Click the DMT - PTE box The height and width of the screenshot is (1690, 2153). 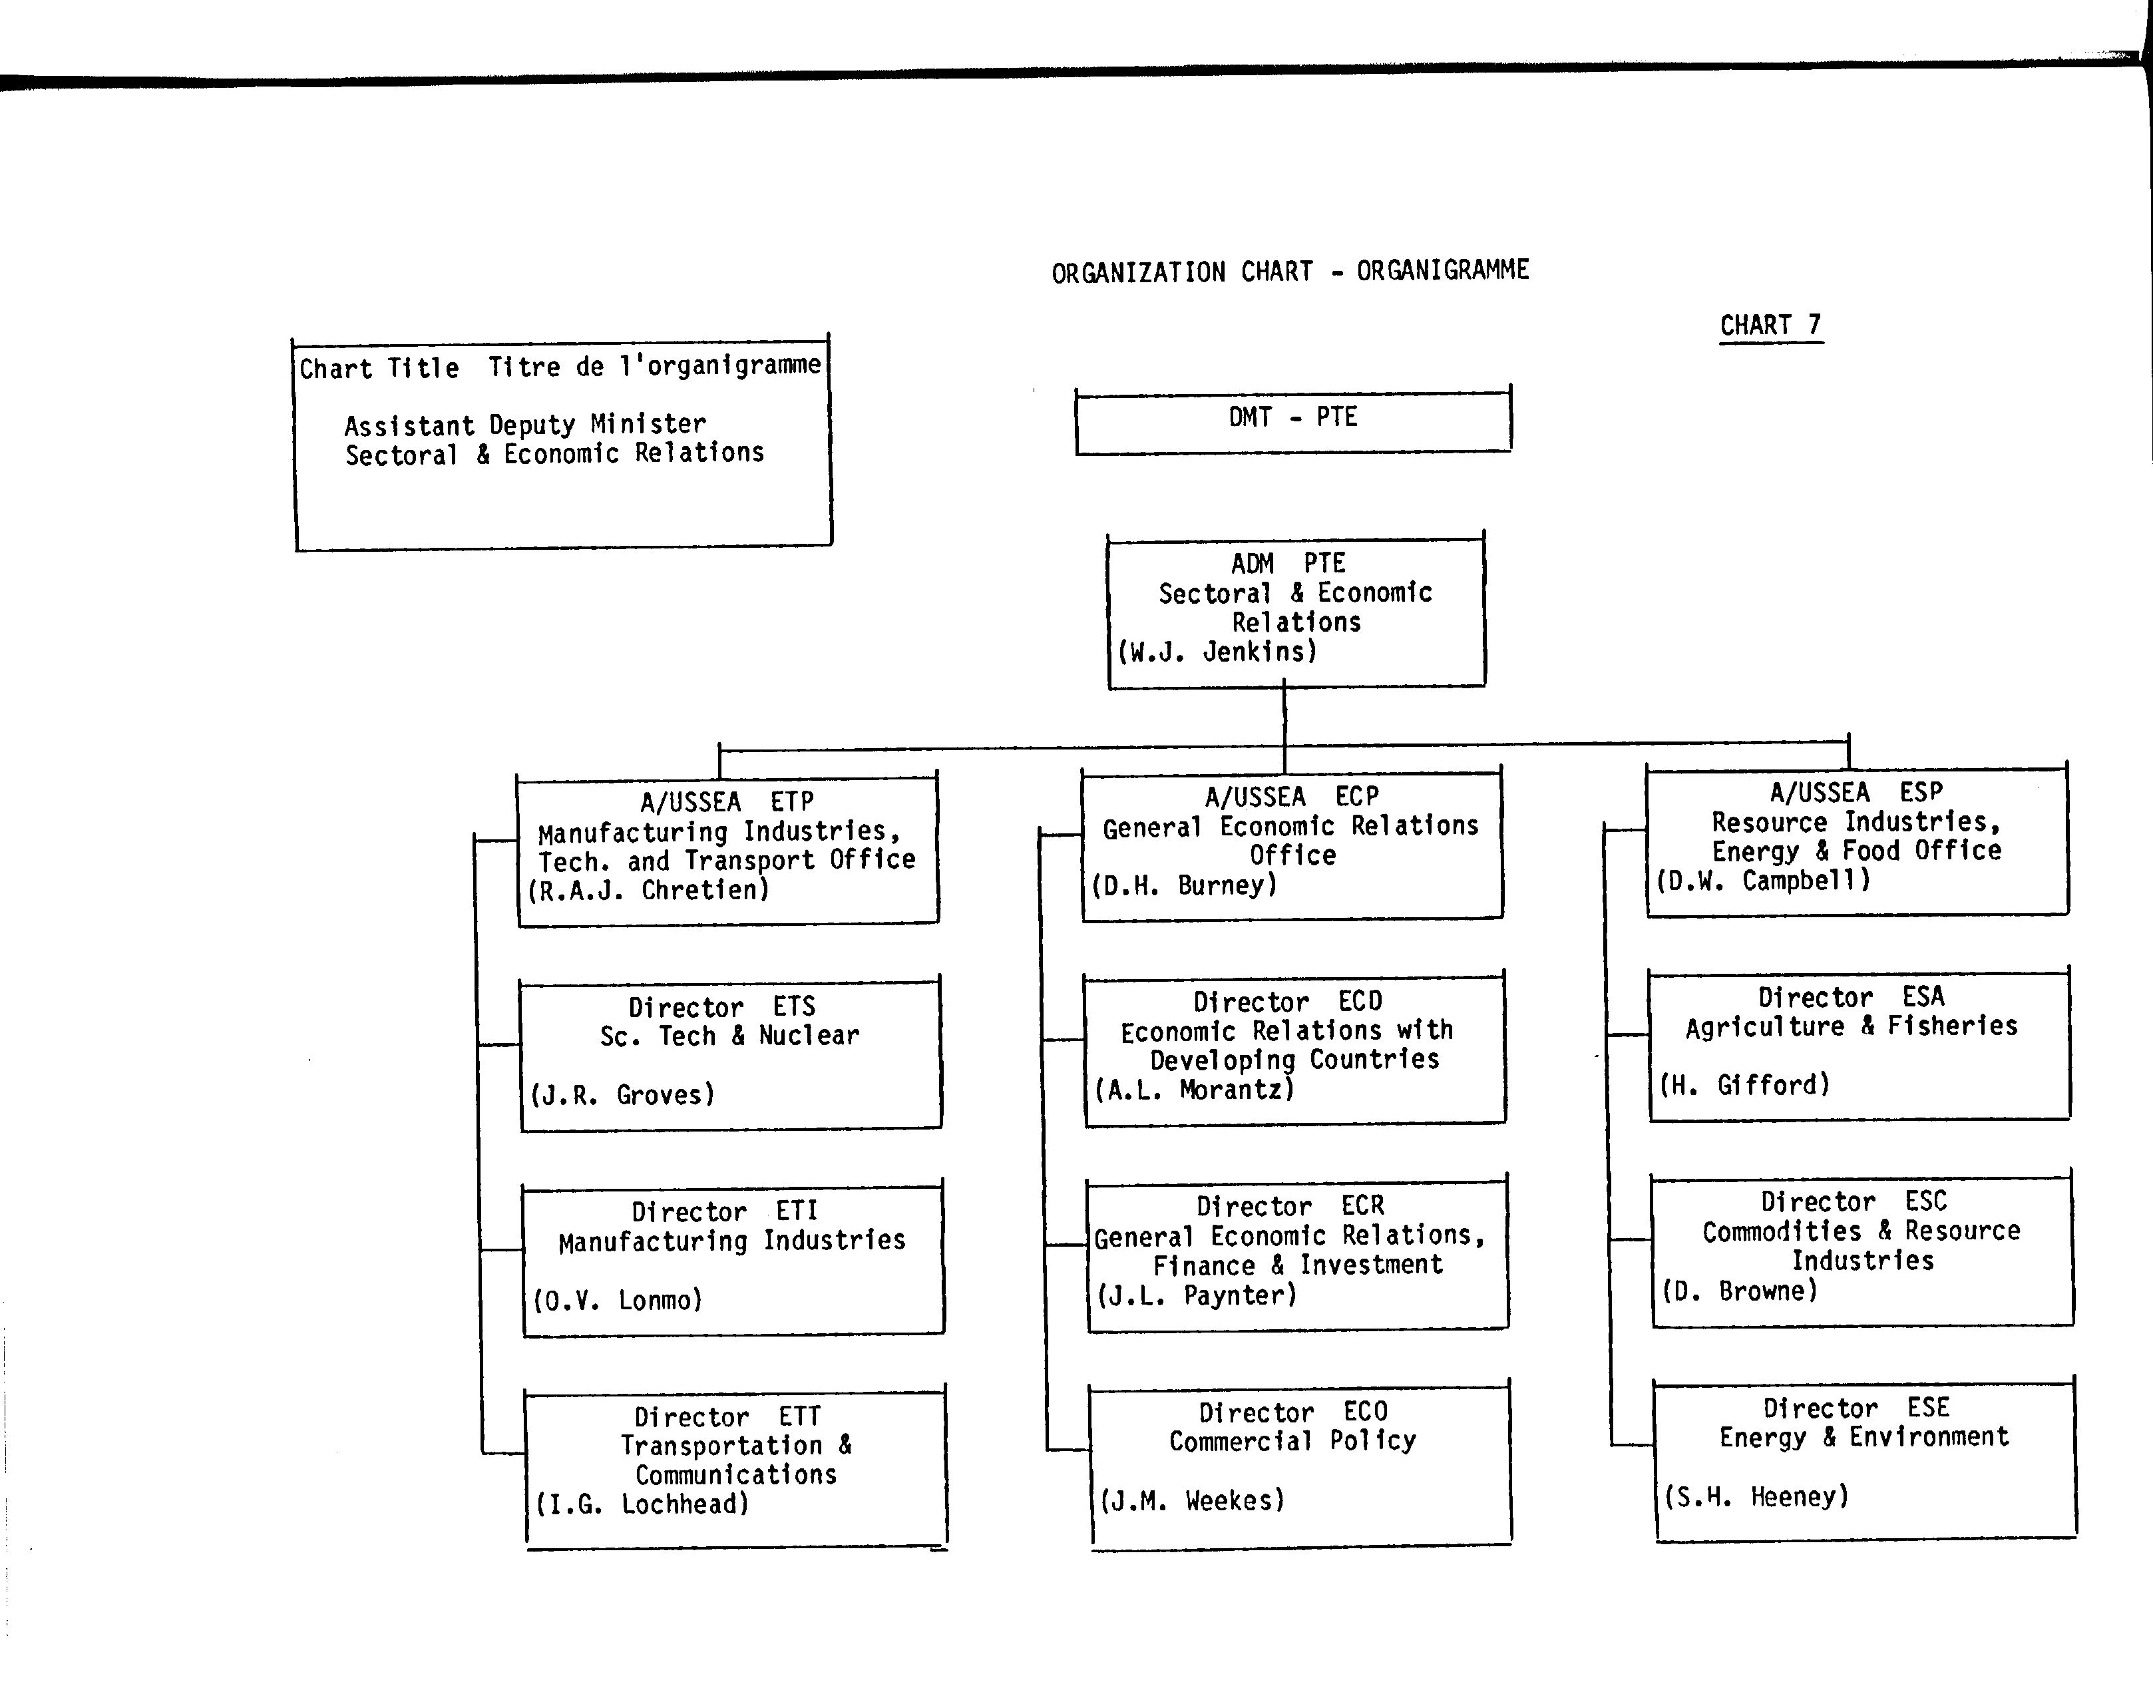click(x=1293, y=421)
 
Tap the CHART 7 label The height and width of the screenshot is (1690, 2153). click(x=1770, y=325)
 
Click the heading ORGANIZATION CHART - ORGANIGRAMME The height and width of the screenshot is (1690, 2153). click(x=1290, y=271)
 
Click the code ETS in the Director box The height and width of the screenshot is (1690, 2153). click(x=793, y=1006)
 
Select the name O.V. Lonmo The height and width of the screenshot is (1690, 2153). click(x=618, y=1300)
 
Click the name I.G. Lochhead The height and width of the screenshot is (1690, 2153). click(x=643, y=1504)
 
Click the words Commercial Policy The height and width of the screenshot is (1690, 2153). click(x=1292, y=1440)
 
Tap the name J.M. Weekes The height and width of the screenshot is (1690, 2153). click(x=1192, y=1501)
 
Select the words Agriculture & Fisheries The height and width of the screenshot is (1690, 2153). click(x=1852, y=1026)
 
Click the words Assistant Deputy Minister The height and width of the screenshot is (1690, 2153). click(x=525, y=425)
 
